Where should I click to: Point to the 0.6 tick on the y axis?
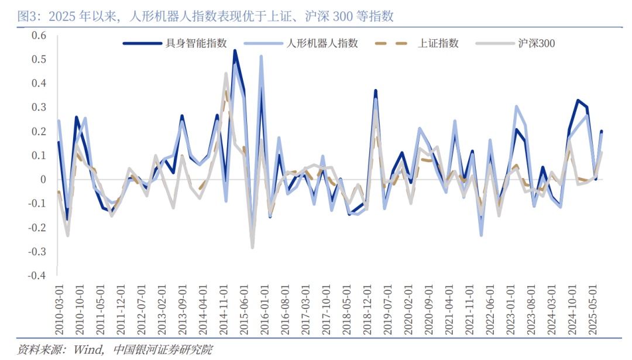point(38,35)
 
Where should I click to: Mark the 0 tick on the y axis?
point(43,180)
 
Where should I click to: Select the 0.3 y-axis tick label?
point(38,107)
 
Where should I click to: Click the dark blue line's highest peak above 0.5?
point(235,51)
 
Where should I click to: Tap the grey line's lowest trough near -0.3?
point(252,247)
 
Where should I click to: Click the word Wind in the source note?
point(86,350)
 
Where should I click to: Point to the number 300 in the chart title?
point(342,16)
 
